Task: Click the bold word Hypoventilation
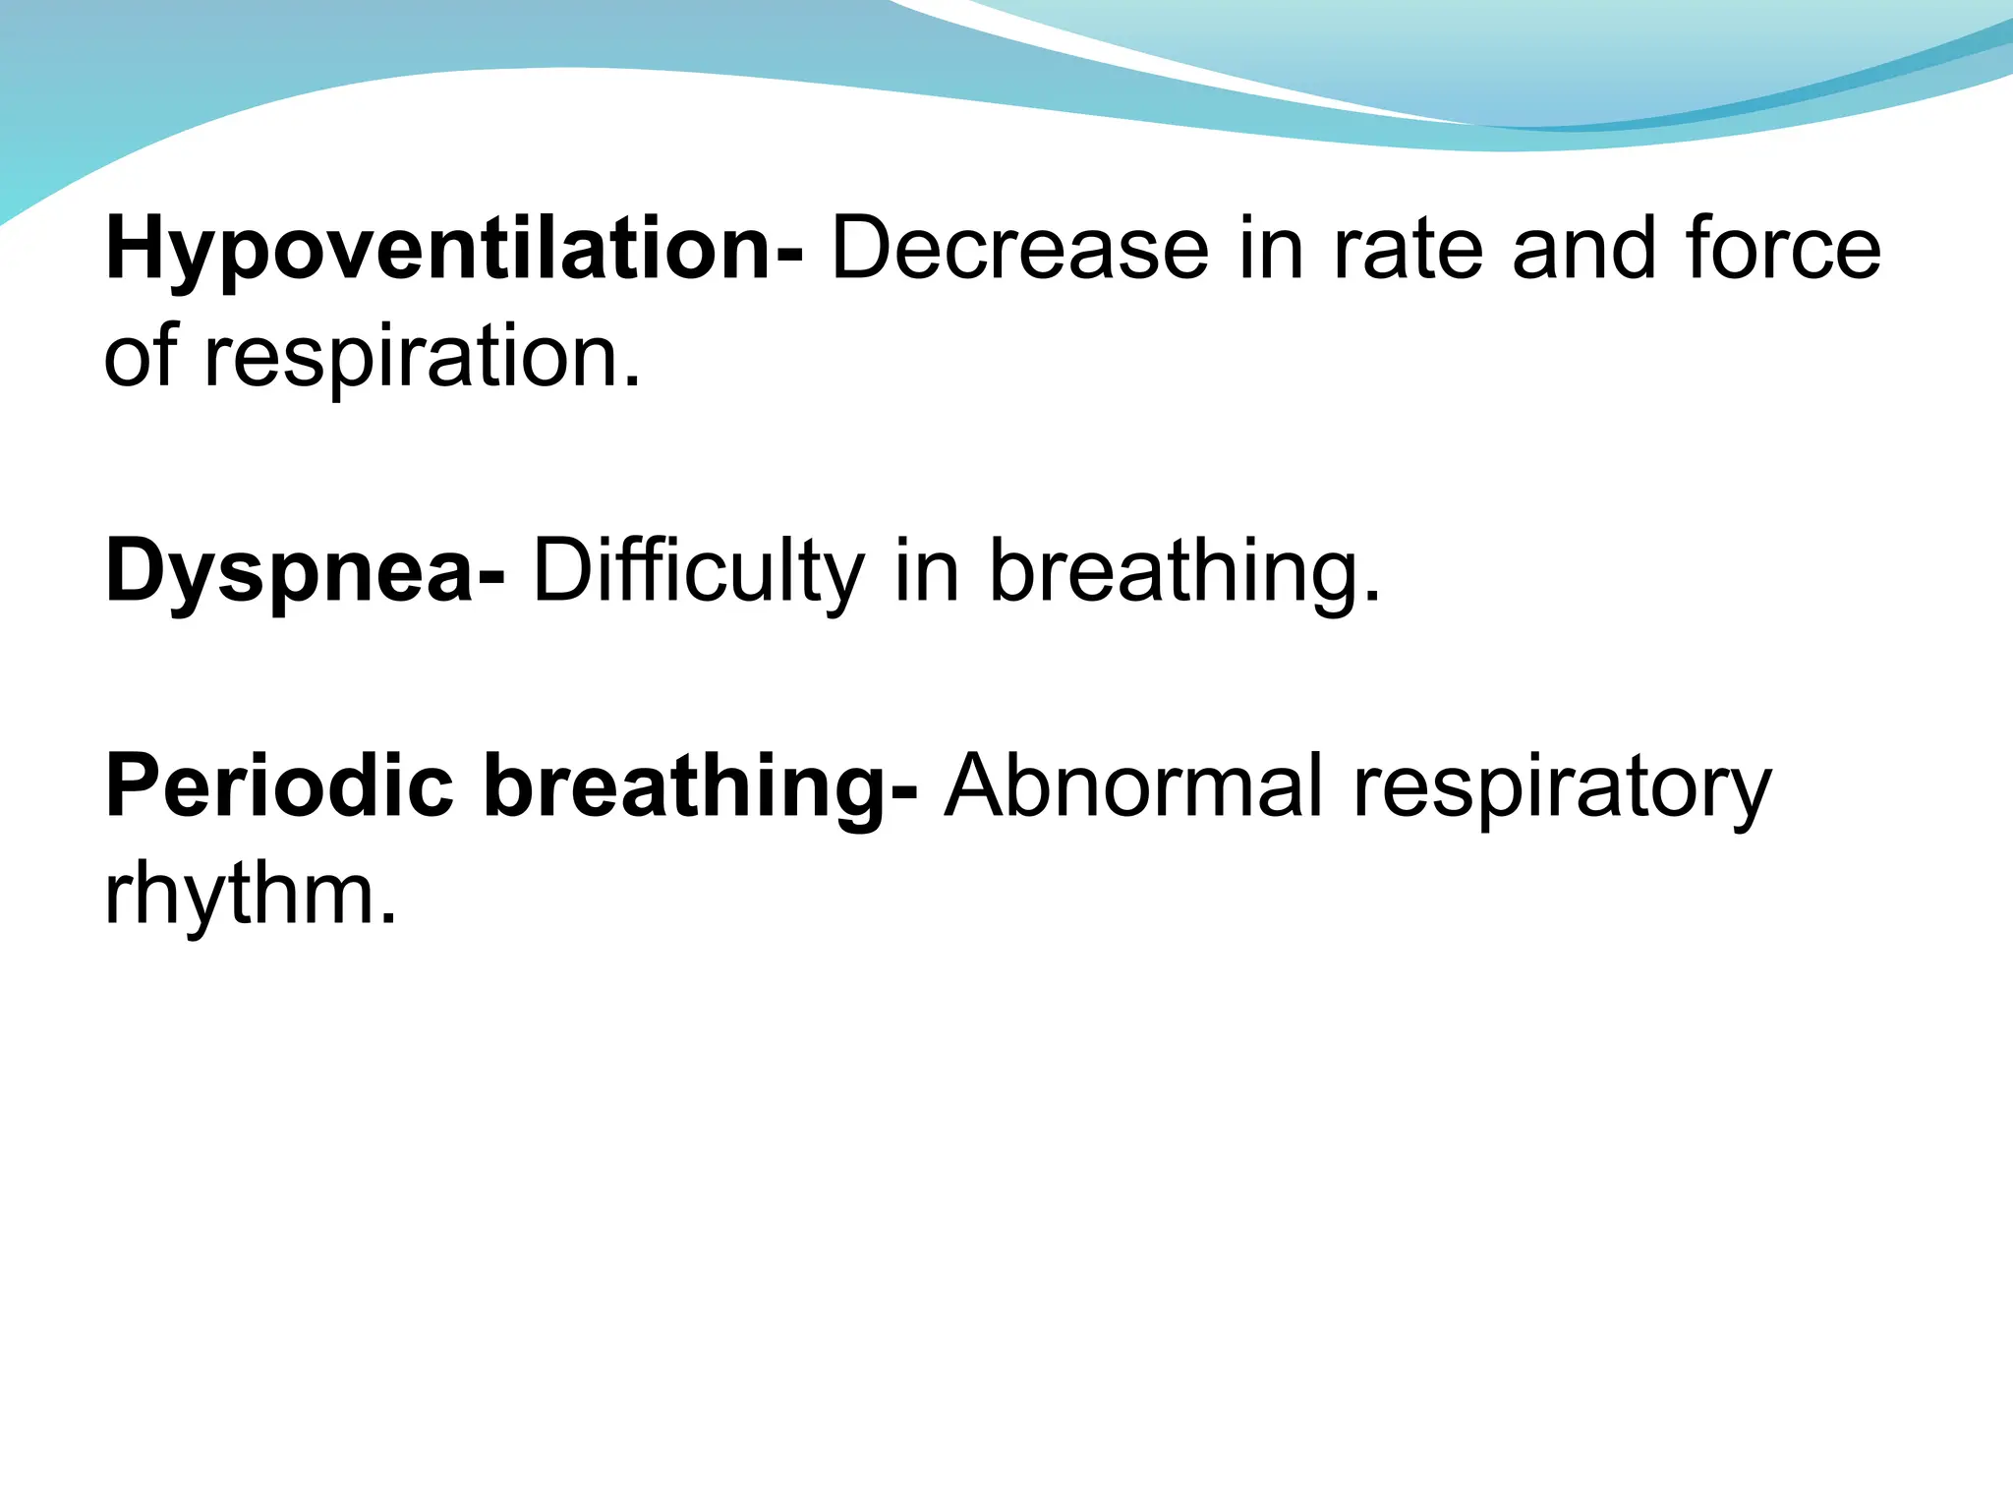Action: (x=438, y=251)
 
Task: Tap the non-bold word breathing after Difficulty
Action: (x=1174, y=573)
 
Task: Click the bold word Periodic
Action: (x=279, y=786)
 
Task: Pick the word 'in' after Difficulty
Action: (x=927, y=573)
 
